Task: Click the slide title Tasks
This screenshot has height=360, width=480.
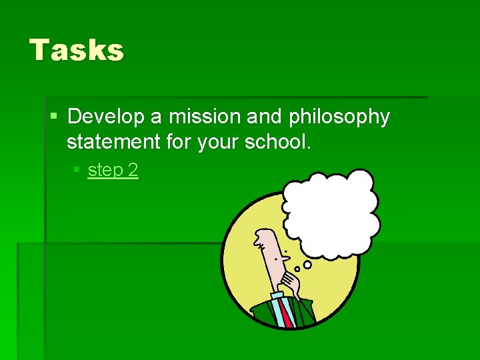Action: click(x=77, y=50)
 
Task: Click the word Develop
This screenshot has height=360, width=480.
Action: click(x=106, y=117)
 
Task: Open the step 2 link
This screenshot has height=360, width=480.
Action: click(x=113, y=171)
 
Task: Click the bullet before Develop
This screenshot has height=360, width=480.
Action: click(x=54, y=117)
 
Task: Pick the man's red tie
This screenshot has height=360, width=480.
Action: click(x=285, y=312)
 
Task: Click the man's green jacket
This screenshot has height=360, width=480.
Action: click(x=264, y=313)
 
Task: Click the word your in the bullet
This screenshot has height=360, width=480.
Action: click(x=215, y=142)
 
